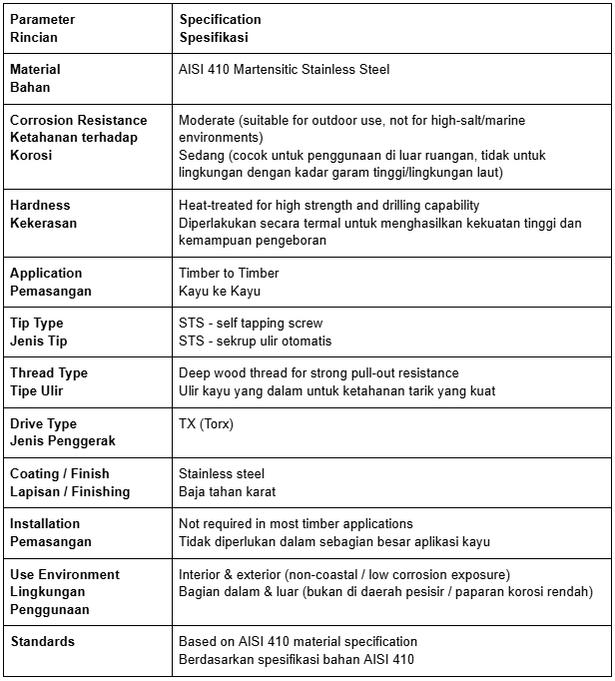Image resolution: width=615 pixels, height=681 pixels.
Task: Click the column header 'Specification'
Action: point(220,19)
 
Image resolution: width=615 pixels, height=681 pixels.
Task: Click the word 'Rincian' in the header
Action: point(34,37)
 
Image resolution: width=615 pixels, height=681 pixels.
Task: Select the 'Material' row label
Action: point(35,69)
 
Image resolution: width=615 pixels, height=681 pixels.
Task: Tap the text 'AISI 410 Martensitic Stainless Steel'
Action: point(284,69)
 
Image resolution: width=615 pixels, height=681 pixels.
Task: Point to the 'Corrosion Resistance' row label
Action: point(78,120)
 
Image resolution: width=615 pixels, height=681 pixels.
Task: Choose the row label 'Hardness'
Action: point(40,205)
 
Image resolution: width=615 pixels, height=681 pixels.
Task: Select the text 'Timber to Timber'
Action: point(229,273)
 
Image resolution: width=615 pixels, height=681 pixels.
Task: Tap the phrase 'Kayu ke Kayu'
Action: point(219,291)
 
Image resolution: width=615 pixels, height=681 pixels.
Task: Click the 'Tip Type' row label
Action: point(36,323)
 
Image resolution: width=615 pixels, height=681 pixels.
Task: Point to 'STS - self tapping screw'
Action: point(251,323)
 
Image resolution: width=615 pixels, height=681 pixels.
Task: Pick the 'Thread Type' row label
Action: point(49,372)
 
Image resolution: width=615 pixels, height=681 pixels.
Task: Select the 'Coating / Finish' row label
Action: point(60,473)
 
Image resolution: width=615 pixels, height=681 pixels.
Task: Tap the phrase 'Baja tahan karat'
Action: point(227,491)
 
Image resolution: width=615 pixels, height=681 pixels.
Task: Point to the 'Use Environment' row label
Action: point(64,574)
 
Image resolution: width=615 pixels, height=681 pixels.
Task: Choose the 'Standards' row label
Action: point(43,641)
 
